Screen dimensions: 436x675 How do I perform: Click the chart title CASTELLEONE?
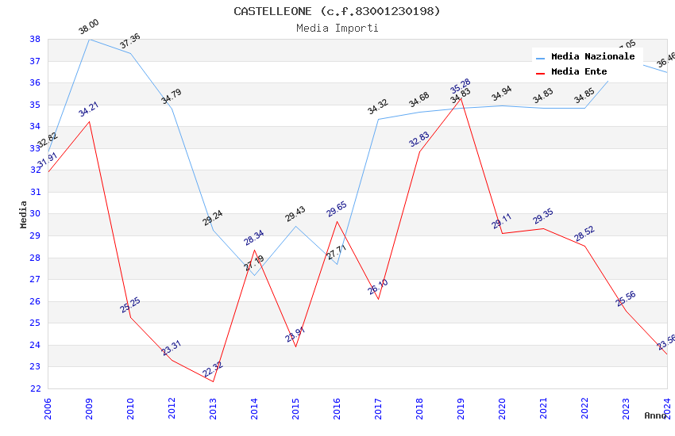click(337, 11)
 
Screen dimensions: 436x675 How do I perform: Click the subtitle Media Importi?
click(337, 28)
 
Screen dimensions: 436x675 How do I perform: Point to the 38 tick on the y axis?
click(35, 40)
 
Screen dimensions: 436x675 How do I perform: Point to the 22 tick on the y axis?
click(35, 388)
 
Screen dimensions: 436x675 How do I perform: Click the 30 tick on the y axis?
click(35, 214)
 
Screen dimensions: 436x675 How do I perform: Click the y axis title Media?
click(24, 214)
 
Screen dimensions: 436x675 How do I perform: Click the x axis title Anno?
click(655, 415)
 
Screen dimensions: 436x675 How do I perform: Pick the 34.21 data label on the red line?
click(88, 109)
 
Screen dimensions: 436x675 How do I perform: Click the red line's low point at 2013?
click(213, 381)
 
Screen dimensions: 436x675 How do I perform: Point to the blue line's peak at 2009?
click(89, 39)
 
